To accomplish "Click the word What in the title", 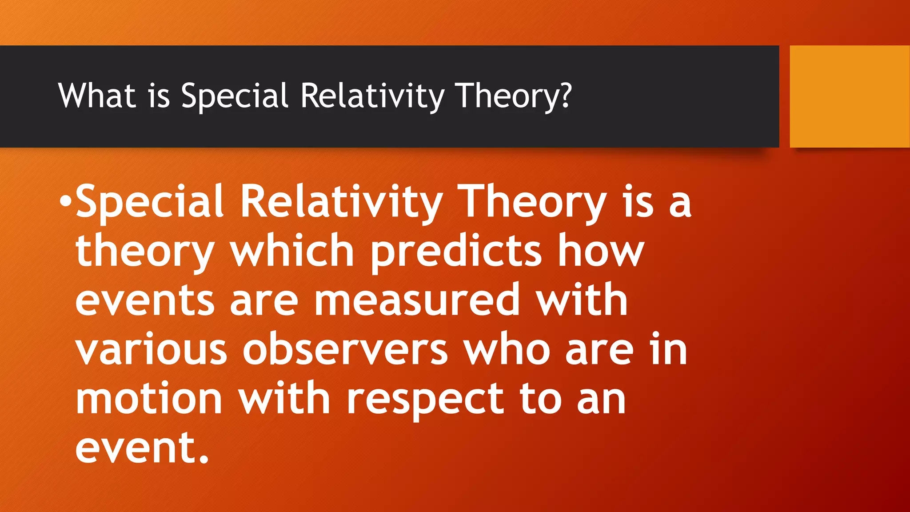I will click(x=97, y=96).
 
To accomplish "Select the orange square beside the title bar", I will click(x=850, y=96).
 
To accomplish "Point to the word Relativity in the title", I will click(x=372, y=96).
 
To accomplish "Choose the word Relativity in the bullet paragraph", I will click(x=341, y=202).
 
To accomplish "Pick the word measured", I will click(x=417, y=300).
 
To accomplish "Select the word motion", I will click(x=149, y=399).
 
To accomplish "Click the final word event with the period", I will click(x=142, y=448).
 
